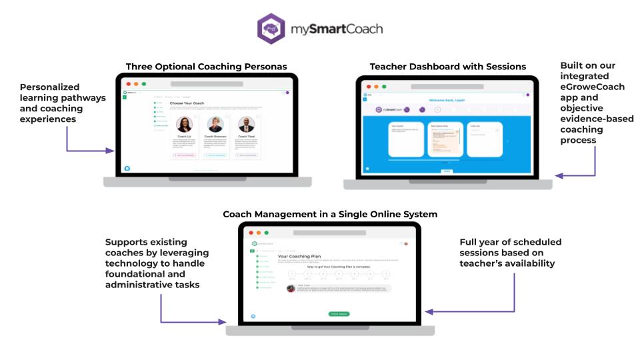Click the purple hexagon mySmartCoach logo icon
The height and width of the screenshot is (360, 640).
click(273, 30)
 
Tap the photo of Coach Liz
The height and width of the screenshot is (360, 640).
click(185, 124)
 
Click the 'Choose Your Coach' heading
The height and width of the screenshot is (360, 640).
click(187, 103)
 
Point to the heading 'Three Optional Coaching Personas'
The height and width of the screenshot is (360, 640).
click(207, 67)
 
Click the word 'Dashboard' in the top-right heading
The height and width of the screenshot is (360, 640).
click(433, 67)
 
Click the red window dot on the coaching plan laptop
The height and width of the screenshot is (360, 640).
click(251, 233)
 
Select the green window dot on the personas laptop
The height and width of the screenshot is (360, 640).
click(143, 84)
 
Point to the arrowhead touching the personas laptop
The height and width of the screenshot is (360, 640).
click(111, 151)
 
